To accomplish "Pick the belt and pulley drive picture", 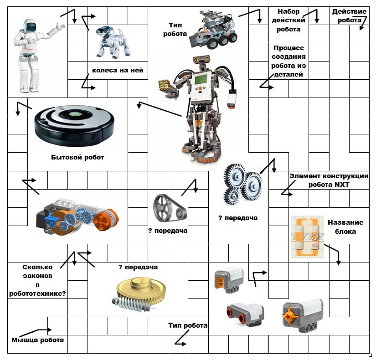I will pos(169,208).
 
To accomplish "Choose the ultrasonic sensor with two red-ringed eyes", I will pos(244,312).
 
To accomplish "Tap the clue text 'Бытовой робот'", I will pos(77,157).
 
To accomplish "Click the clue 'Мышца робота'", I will pos(37,340).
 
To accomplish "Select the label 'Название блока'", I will pos(345,227).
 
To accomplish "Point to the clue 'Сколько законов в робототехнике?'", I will pos(37,280).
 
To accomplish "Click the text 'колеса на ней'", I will pos(118,70).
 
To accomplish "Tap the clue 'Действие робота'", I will pos(350,15).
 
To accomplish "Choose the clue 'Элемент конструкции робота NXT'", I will pos(329,180).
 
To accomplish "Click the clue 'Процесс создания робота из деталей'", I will pos(288,61).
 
